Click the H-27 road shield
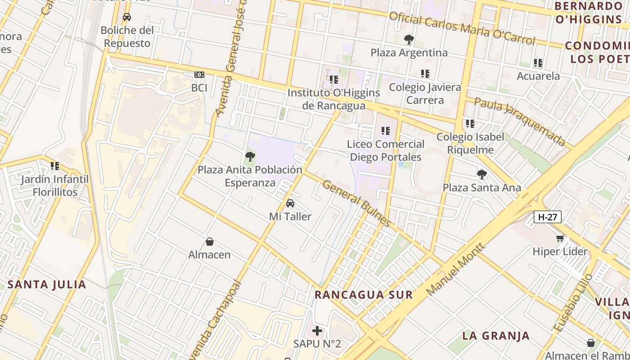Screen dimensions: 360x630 pyautogui.click(x=548, y=217)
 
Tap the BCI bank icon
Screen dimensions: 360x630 pyautogui.click(x=199, y=75)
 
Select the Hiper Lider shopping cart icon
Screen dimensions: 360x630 pyautogui.click(x=560, y=238)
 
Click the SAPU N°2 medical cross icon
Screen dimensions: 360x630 pyautogui.click(x=317, y=331)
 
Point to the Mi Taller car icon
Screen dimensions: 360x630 pyautogui.click(x=290, y=203)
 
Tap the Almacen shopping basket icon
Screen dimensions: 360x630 pyautogui.click(x=209, y=242)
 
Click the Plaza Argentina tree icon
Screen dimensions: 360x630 pyautogui.click(x=409, y=40)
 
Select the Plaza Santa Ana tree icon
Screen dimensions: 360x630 pyautogui.click(x=481, y=175)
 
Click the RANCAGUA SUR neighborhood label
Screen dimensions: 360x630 pyautogui.click(x=363, y=295)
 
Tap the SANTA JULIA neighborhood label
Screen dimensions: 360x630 pyautogui.click(x=47, y=284)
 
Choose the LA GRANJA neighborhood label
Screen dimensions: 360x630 pyautogui.click(x=496, y=336)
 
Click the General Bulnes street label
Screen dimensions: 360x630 pyautogui.click(x=356, y=203)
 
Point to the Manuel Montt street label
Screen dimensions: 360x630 pyautogui.click(x=455, y=269)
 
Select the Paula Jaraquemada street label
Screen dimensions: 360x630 pyautogui.click(x=520, y=122)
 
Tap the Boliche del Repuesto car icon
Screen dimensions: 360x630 pyautogui.click(x=127, y=18)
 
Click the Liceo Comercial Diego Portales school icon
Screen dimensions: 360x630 pyautogui.click(x=385, y=131)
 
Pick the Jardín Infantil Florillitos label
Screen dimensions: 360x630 pyautogui.click(x=55, y=185)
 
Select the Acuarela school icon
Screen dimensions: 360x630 pyautogui.click(x=538, y=63)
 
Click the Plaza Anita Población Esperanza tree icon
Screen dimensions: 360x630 pyautogui.click(x=250, y=157)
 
